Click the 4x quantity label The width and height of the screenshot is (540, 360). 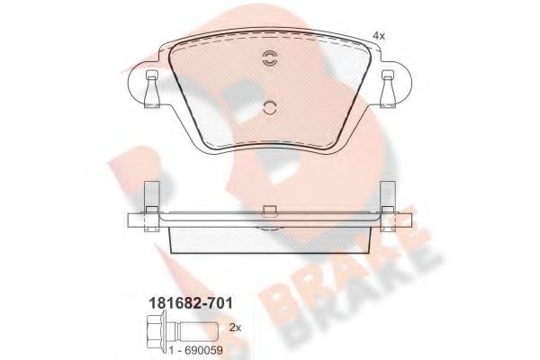coord(378,35)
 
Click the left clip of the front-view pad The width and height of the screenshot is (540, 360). coord(148,89)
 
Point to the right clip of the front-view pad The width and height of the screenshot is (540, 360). coord(390,89)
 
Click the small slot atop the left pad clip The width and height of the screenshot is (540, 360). coord(148,74)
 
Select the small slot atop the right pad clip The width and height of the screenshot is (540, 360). coord(390,74)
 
